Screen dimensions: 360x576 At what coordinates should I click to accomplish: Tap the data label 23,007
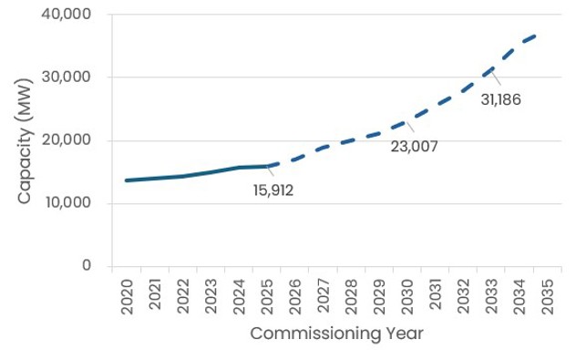pyautogui.click(x=414, y=146)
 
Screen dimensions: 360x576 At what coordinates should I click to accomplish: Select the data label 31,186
pyautogui.click(x=500, y=98)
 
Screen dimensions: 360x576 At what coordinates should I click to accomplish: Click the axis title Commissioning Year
pyautogui.click(x=336, y=334)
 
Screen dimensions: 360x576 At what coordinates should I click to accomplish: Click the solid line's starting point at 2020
pyautogui.click(x=127, y=180)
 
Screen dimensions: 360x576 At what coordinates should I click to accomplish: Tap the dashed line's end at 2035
pyautogui.click(x=536, y=36)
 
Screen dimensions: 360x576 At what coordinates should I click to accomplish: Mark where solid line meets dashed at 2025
pyautogui.click(x=267, y=166)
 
